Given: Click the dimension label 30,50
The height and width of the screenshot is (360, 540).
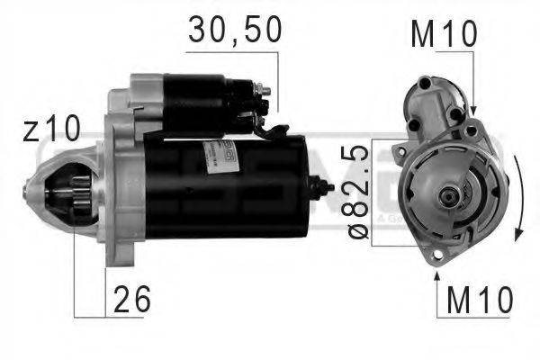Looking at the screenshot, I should (235, 31).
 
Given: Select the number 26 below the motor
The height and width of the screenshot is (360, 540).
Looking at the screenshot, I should (131, 300).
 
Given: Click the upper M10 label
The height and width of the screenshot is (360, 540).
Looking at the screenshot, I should (442, 34).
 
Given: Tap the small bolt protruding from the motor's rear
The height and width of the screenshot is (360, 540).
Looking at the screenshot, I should (322, 188).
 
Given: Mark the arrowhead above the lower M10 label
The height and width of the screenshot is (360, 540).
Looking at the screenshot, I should (438, 260).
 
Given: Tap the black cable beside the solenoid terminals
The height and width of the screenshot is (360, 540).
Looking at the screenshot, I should (268, 130).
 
